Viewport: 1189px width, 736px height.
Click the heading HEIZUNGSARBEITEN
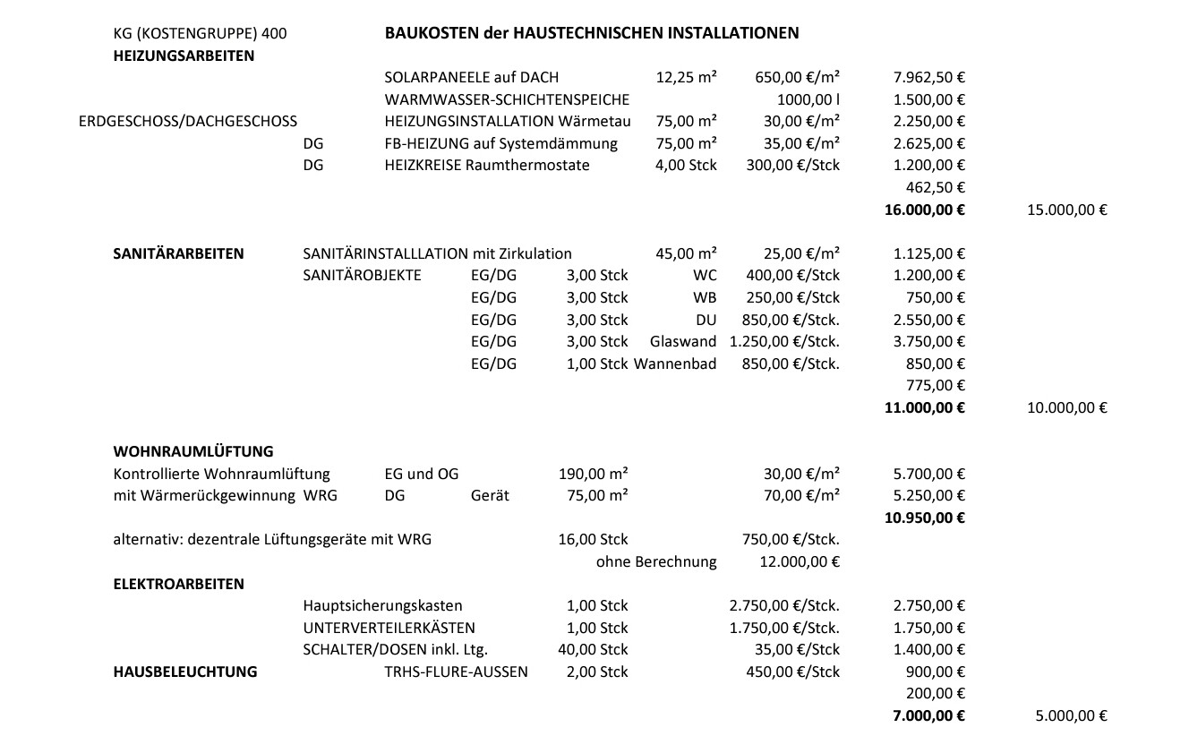184,56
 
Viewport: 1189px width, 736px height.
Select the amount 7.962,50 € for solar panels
928,78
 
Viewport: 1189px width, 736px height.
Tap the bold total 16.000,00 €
924,210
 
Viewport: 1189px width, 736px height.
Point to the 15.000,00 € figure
1067,210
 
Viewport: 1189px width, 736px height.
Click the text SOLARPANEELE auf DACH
471,78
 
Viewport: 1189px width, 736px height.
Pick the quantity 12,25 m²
686,78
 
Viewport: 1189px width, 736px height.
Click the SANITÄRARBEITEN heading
178,253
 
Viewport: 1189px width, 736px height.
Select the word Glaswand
683,341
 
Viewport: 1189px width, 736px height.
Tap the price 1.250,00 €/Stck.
784,341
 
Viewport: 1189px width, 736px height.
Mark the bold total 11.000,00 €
924,407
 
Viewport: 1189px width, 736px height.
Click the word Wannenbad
675,364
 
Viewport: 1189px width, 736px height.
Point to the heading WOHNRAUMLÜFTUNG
193,451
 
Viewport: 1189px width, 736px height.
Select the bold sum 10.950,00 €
924,518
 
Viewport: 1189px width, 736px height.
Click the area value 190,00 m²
593,474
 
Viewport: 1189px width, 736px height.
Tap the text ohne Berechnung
656,562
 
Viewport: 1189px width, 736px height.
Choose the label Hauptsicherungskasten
382,606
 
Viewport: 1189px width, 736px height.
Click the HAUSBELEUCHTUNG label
185,672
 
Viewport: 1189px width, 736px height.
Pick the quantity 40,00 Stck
593,649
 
